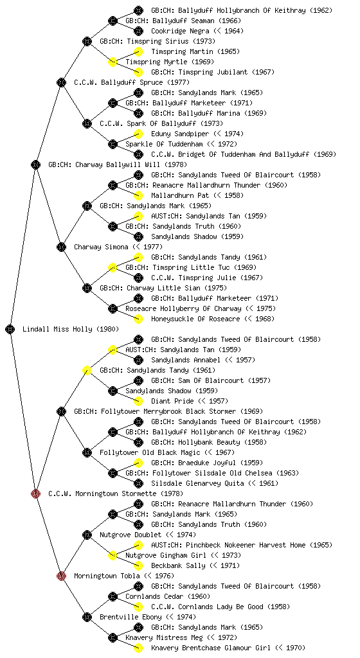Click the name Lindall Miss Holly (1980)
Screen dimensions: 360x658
coord(71,329)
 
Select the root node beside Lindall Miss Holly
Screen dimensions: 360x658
coord(10,329)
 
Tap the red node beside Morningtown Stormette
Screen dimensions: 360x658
coord(35,493)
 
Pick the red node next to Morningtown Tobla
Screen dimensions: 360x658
coord(61,576)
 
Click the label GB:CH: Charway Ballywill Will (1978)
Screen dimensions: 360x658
coord(118,164)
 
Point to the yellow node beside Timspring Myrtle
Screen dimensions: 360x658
coord(113,62)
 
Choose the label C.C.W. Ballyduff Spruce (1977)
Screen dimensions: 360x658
coord(132,82)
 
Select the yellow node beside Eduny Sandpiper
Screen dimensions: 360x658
coord(138,134)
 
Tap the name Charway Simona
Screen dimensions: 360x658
coord(101,247)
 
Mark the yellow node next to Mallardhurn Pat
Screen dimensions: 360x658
coord(138,195)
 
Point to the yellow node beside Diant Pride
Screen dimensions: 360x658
coord(138,401)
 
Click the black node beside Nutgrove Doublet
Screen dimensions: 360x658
coord(87,535)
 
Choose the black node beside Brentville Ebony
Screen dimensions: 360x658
coord(87,617)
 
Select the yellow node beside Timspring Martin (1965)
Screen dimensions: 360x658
coord(138,51)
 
